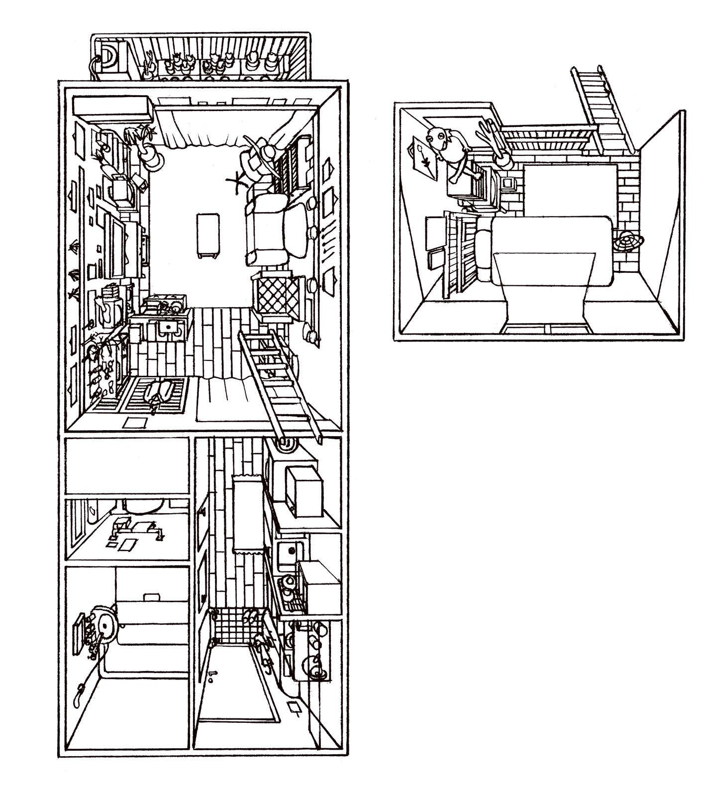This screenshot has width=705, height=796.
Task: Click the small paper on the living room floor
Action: click(x=134, y=423)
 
